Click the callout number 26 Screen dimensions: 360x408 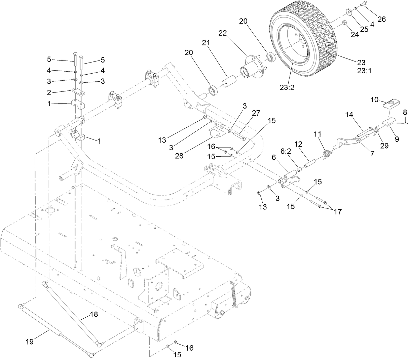coord(381,19)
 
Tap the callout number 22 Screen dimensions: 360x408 coord(232,33)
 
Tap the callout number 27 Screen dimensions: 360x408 coord(256,113)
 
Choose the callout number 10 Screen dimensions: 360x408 coord(375,100)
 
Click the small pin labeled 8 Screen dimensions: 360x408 coord(406,123)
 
